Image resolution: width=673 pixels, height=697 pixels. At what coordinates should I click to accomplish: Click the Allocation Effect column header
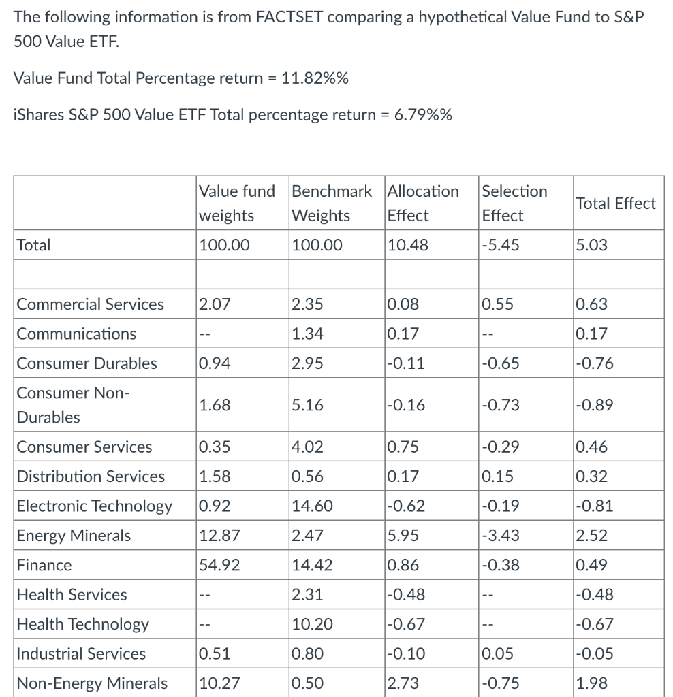click(422, 203)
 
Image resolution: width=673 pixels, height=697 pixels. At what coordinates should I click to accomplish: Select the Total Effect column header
click(616, 203)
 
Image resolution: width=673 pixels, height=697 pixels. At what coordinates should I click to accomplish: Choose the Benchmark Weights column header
click(331, 203)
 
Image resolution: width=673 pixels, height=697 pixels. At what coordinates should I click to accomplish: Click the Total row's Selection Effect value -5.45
click(500, 245)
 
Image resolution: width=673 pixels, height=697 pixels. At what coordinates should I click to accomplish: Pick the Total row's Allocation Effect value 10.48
click(407, 245)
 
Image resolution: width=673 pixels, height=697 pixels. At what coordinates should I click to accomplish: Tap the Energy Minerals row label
click(74, 536)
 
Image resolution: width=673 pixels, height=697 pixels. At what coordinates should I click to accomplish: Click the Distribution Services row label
click(91, 476)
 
